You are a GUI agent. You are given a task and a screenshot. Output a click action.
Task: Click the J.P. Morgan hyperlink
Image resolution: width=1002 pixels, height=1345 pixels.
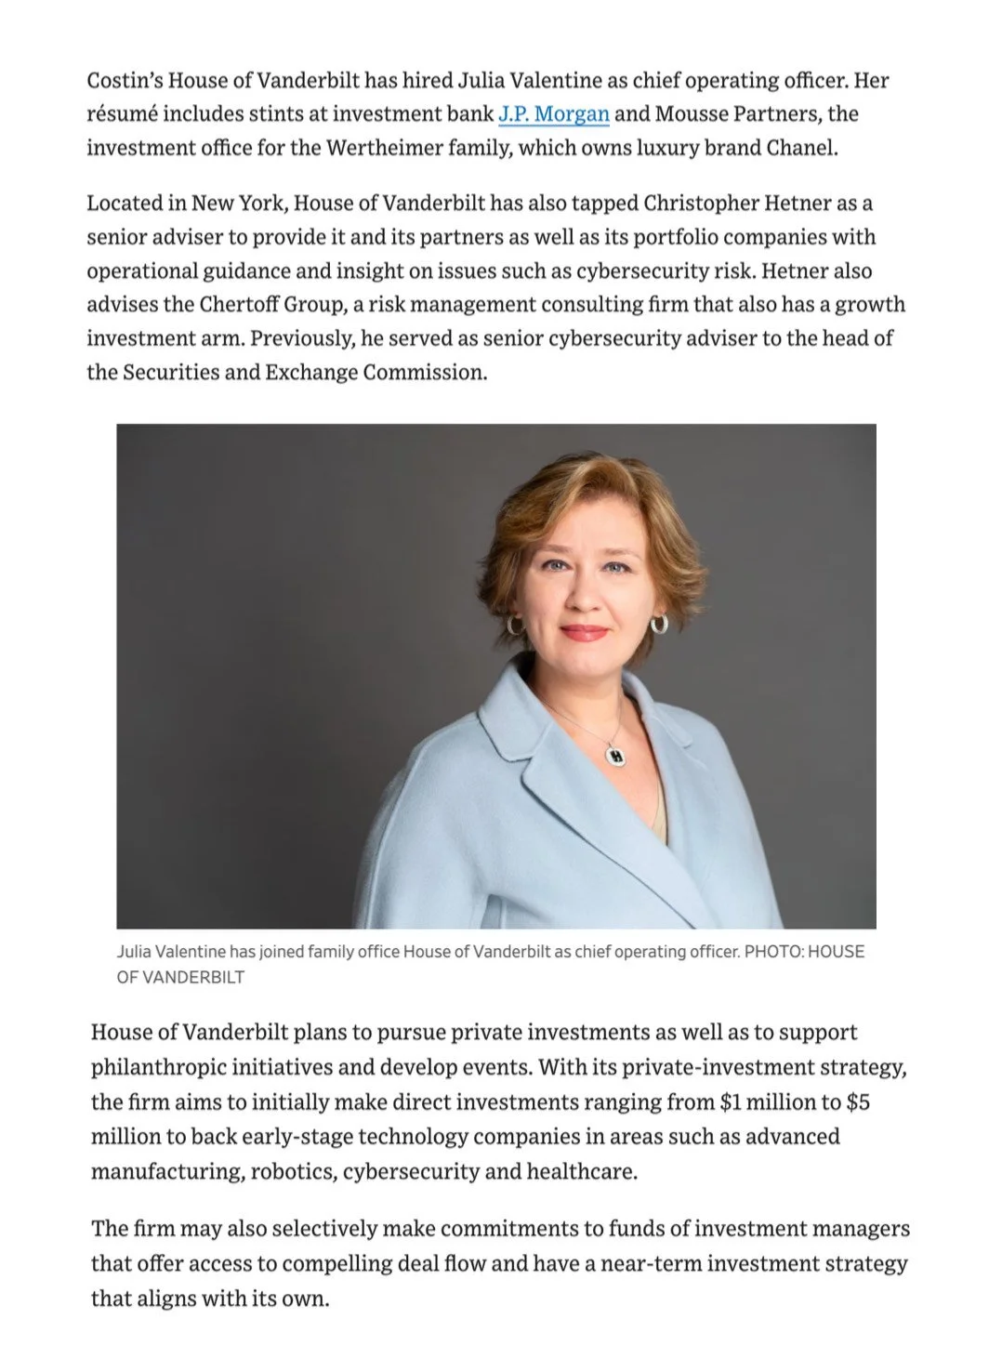554,114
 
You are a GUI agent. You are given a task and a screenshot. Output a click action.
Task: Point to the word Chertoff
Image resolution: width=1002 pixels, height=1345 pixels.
244,305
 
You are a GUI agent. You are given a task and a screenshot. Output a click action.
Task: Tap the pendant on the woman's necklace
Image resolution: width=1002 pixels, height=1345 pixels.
614,755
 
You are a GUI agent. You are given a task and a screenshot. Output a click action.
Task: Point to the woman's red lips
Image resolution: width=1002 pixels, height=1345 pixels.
585,633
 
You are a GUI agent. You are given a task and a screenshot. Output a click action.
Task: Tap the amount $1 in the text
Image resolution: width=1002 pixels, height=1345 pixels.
732,1102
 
